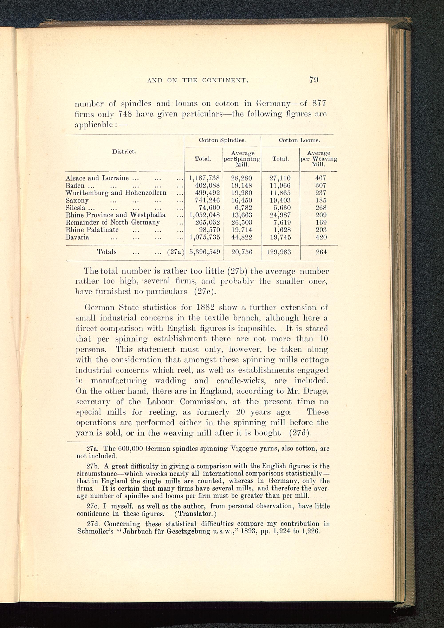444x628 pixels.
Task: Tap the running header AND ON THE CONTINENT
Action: [198, 80]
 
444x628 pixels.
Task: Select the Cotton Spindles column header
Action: [222, 140]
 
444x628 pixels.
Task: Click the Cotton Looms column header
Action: [299, 140]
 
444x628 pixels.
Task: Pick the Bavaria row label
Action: [77, 237]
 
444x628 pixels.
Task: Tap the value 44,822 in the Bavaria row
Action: [242, 237]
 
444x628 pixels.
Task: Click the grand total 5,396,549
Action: [204, 252]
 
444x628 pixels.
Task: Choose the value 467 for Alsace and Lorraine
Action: [321, 178]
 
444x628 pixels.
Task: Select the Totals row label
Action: [107, 252]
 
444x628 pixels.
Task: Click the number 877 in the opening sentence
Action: [319, 103]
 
